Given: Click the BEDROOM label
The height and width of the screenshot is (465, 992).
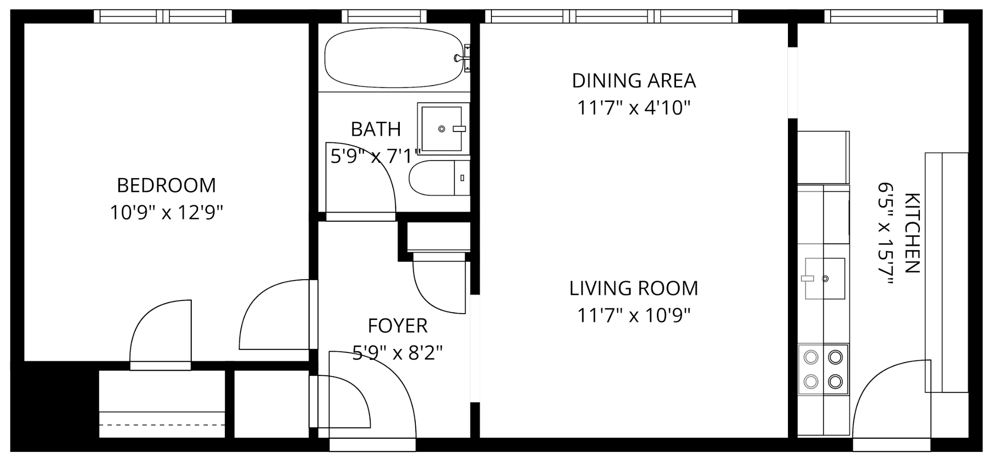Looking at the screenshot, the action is click(166, 185).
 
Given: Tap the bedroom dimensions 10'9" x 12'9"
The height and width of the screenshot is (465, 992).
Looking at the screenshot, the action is click(166, 212).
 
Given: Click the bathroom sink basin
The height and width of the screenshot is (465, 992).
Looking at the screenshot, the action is click(442, 129).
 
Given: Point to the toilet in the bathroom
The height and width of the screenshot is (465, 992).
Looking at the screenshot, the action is click(439, 178).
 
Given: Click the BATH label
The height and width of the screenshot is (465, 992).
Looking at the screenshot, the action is click(376, 130).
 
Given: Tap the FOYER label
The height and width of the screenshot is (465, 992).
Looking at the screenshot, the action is click(398, 326).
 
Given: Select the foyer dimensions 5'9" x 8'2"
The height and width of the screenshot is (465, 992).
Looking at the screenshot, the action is click(398, 353).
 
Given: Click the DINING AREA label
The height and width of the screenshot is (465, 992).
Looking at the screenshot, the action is click(634, 81).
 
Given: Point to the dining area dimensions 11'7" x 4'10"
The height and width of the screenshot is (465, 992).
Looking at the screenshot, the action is click(634, 108).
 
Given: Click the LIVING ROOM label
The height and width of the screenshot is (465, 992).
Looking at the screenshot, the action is click(634, 289).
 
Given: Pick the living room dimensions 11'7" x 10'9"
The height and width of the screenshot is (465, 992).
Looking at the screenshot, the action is click(634, 315).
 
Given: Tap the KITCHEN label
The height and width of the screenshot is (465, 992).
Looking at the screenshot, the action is click(912, 233).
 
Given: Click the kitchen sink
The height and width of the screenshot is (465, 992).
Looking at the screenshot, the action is click(825, 279).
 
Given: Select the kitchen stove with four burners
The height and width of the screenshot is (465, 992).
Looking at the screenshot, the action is click(823, 369).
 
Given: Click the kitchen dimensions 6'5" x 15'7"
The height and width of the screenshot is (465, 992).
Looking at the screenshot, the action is click(885, 233).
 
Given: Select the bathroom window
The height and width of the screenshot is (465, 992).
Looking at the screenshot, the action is click(384, 16).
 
